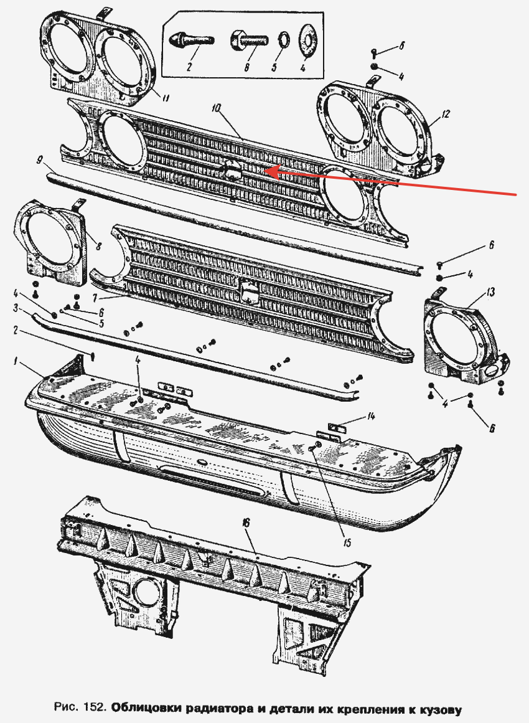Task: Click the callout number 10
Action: coord(217,109)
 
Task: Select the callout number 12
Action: coord(445,114)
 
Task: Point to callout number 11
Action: coord(164,98)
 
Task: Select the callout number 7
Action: coord(94,299)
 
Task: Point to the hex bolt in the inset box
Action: coord(249,40)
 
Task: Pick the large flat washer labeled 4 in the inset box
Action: coord(306,40)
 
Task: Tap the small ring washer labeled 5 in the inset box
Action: coord(283,40)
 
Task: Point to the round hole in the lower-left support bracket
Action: coord(146,592)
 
